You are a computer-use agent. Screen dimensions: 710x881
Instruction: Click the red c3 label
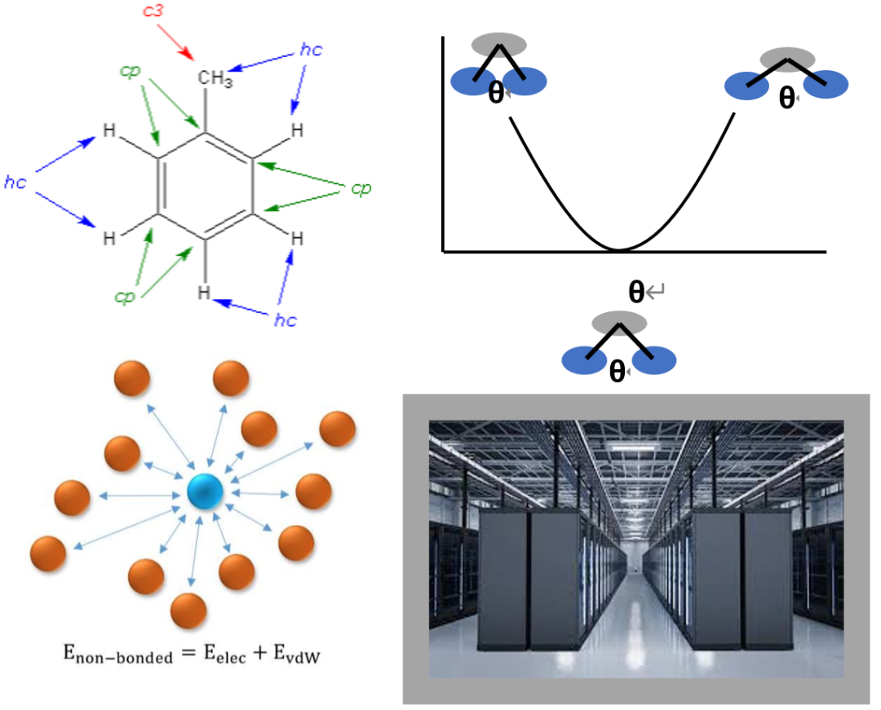(x=153, y=12)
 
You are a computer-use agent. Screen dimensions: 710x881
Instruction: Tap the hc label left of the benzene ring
(x=15, y=183)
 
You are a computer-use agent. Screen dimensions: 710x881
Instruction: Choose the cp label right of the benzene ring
(x=361, y=188)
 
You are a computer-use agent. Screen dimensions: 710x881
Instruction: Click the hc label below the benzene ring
(x=285, y=320)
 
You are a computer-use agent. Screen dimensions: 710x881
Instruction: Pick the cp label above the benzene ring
(x=131, y=71)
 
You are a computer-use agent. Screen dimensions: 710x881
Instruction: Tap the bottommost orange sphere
(x=188, y=611)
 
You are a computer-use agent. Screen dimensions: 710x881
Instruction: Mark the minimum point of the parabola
(x=619, y=249)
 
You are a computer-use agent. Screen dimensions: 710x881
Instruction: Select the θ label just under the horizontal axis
(x=636, y=291)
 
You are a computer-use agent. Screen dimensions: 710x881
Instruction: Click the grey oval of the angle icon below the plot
(x=619, y=322)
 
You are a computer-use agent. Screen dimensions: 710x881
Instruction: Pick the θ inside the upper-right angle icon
(x=786, y=98)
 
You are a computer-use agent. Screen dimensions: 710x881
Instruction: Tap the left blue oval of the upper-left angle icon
(x=472, y=81)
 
